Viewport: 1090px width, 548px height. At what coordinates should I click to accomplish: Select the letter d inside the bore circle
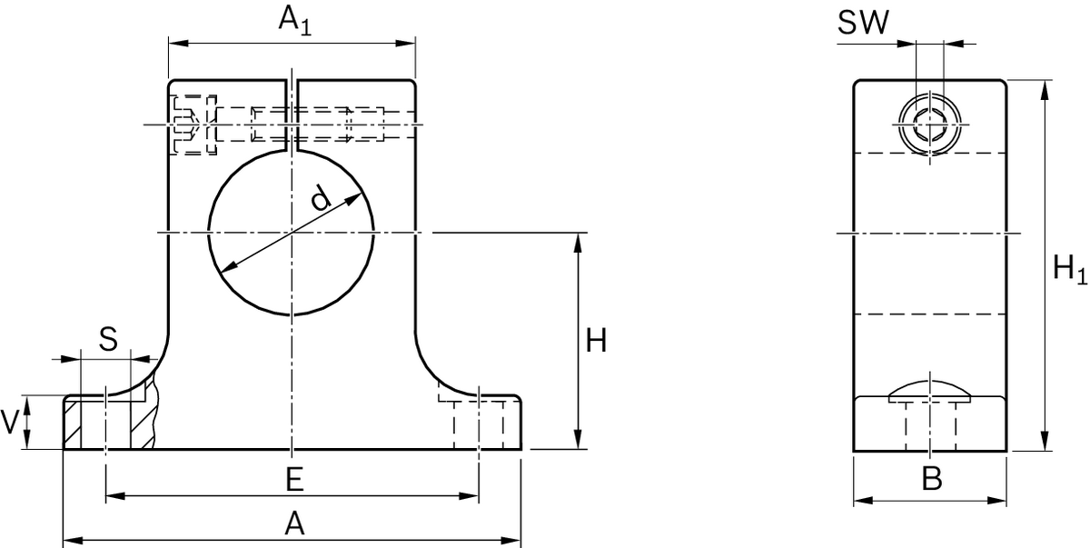[x=318, y=197]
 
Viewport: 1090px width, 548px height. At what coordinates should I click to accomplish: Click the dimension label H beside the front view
[x=596, y=342]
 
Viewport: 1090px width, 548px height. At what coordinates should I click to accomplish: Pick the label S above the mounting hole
[x=108, y=340]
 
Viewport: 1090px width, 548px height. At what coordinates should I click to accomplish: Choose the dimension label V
[x=11, y=422]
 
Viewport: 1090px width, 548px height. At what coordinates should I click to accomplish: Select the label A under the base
[x=293, y=523]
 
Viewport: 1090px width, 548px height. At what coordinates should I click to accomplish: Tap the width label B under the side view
[x=931, y=479]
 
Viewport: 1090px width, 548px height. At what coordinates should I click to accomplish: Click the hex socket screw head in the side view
[x=930, y=124]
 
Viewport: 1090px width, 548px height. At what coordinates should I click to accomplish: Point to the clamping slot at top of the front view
[x=292, y=114]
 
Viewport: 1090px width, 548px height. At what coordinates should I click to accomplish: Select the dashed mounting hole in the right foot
[x=479, y=423]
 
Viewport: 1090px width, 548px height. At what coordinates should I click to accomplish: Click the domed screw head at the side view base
[x=930, y=392]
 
